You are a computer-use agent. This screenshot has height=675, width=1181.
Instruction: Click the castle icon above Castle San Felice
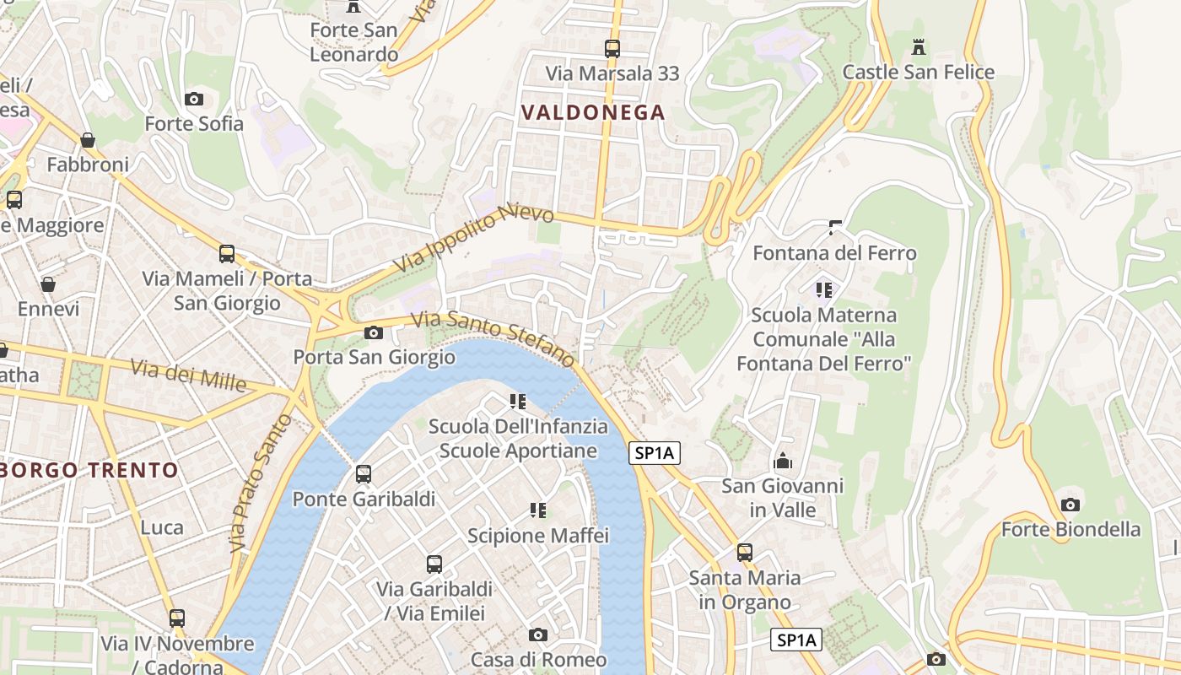coord(919,47)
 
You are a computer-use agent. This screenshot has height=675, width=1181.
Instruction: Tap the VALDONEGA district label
coord(593,112)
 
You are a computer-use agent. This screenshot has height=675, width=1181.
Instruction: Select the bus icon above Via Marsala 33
coord(612,49)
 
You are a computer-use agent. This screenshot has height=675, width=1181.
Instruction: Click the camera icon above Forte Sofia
coord(194,100)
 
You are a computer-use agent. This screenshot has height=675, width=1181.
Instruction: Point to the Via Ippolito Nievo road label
coord(474,238)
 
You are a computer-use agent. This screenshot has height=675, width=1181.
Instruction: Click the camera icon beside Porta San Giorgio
coord(374,333)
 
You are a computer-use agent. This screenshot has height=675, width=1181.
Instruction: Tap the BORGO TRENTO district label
coord(89,470)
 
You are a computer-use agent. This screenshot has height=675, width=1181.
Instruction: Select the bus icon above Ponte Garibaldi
coord(364,474)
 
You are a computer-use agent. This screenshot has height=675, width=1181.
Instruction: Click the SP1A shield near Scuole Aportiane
coord(655,453)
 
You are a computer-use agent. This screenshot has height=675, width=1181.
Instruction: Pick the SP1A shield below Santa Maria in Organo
coord(796,640)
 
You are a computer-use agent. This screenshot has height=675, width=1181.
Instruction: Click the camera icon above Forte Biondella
coord(1070,505)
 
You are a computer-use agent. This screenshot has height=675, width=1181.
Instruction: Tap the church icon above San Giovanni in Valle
coord(783,462)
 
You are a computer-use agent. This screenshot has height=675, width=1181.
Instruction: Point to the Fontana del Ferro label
coord(834,253)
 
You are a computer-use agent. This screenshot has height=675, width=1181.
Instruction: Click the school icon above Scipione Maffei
coord(538,510)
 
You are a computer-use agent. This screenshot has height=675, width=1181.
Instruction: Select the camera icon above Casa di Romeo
coord(538,634)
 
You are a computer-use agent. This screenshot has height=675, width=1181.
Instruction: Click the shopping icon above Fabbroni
coord(88,140)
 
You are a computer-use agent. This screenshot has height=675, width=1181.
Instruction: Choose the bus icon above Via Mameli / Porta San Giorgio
coord(227,254)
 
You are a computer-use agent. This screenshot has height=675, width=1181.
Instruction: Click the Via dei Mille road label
coord(188,375)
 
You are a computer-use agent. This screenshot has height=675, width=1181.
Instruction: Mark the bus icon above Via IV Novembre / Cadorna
coord(177,618)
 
